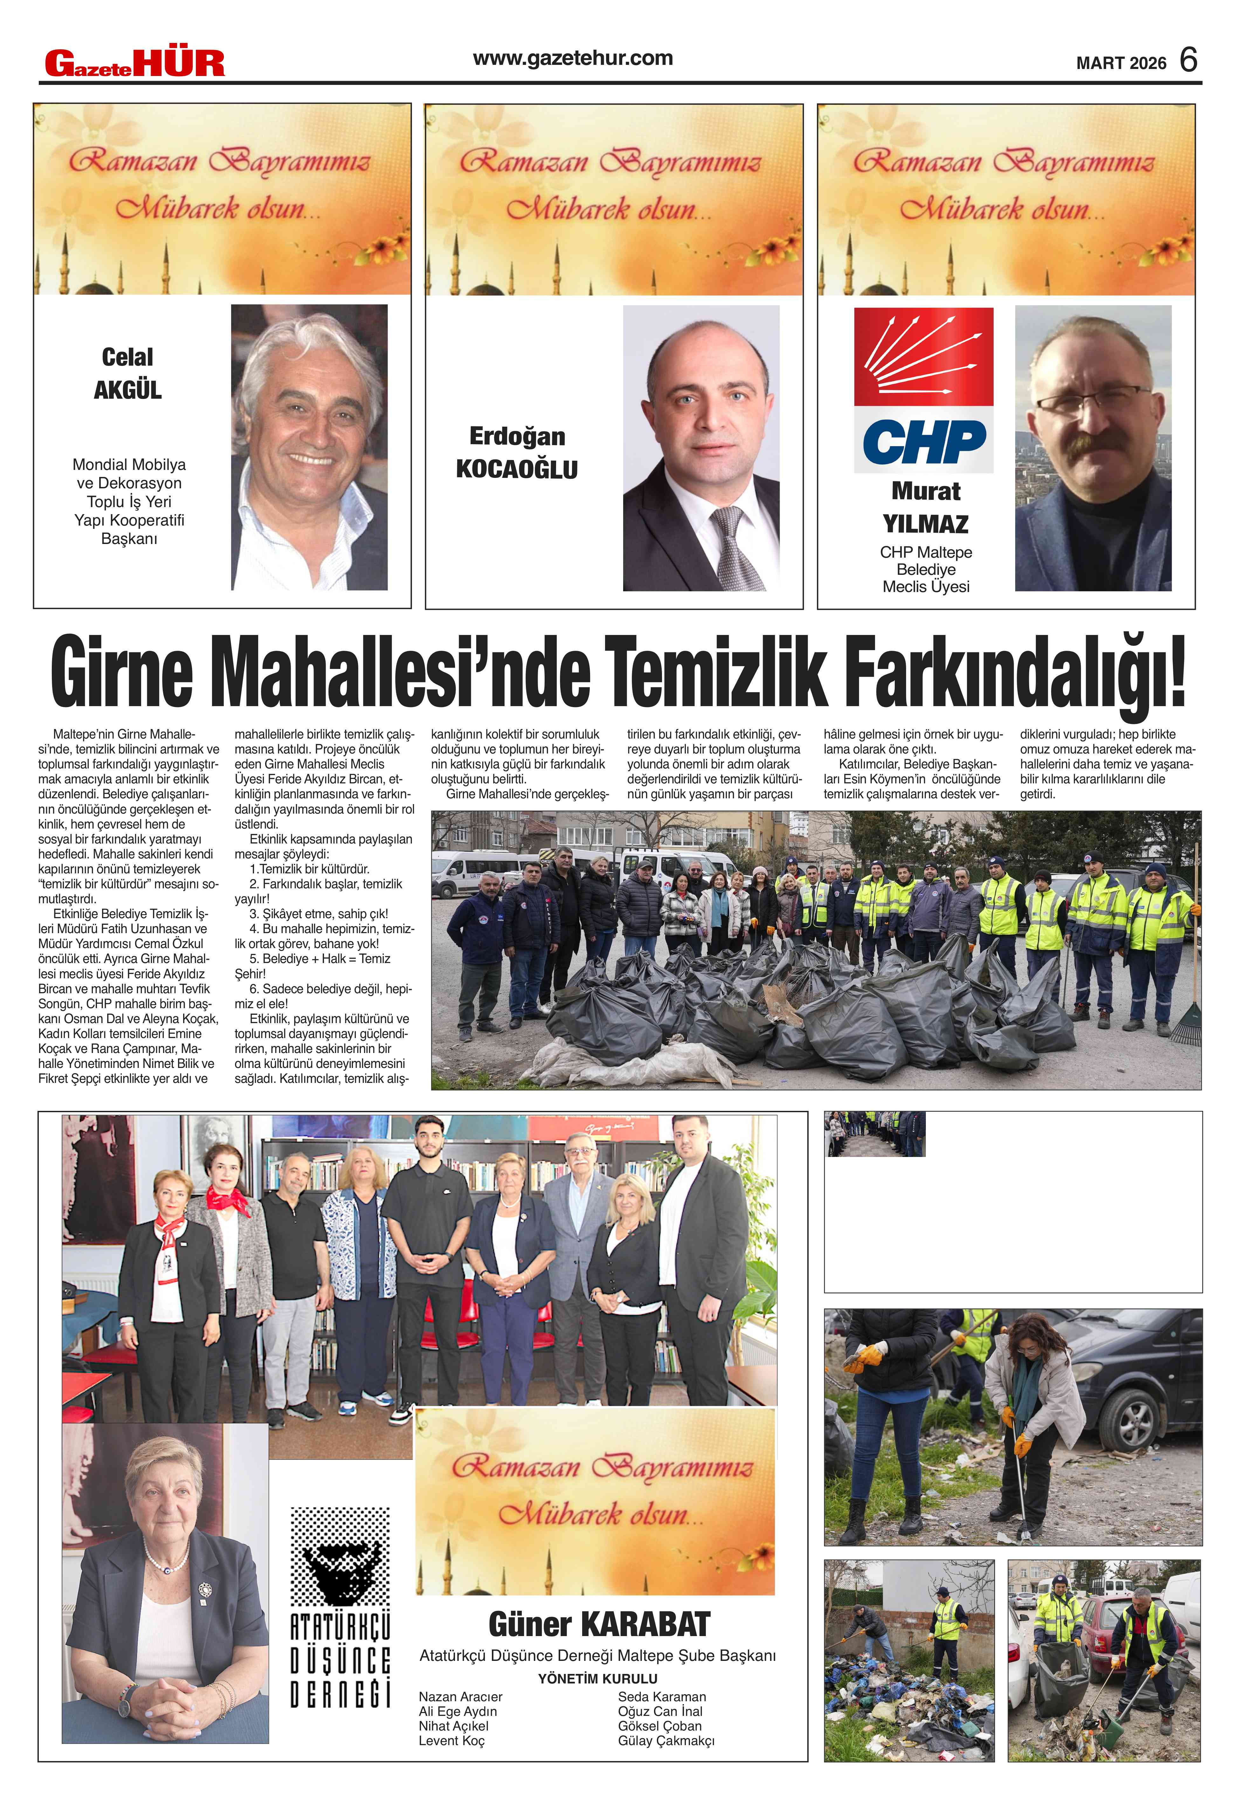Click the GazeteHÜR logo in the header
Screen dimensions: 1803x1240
(x=134, y=63)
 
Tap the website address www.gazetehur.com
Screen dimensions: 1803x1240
(x=573, y=58)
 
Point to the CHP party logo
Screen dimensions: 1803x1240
(x=924, y=390)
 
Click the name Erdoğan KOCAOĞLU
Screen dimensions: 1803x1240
(x=517, y=453)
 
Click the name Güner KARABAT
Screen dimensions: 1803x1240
(x=599, y=1624)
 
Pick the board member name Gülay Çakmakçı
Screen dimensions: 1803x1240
(x=666, y=1741)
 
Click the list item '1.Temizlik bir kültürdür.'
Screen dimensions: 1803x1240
(x=309, y=869)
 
